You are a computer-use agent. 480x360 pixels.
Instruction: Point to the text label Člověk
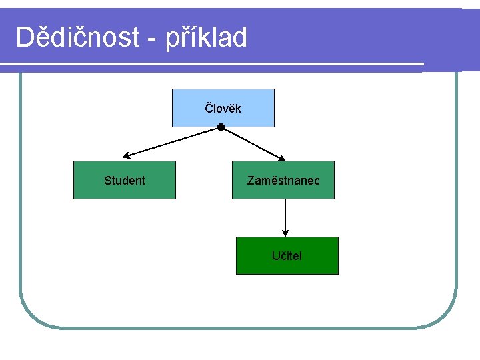click(223, 108)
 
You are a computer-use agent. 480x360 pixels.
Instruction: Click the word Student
click(125, 181)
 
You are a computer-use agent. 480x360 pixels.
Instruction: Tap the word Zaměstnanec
click(283, 181)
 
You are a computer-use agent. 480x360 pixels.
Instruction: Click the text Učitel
click(287, 255)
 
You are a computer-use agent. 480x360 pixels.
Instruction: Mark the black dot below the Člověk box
click(221, 127)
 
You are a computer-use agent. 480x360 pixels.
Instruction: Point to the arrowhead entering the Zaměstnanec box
click(281, 158)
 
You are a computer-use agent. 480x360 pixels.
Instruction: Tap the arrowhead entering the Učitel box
click(285, 233)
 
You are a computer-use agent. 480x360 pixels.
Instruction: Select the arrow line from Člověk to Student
click(173, 141)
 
